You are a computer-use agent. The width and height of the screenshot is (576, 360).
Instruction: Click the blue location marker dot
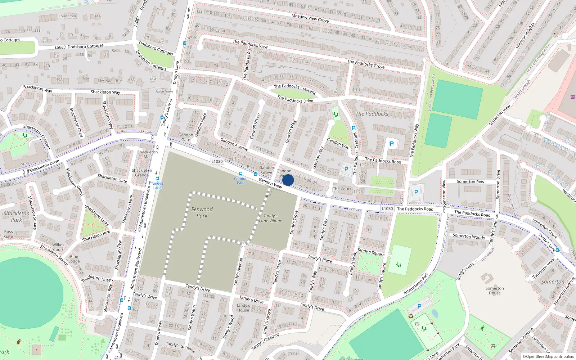click(x=288, y=180)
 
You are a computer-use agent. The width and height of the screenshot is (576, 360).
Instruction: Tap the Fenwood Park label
click(x=202, y=212)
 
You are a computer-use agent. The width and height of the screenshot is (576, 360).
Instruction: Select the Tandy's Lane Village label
click(x=271, y=218)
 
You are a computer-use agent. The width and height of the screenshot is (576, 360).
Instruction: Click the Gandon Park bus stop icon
click(x=241, y=174)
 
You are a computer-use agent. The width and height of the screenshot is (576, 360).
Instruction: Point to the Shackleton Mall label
click(x=147, y=154)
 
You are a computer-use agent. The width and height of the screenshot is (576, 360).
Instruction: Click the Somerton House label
click(x=495, y=291)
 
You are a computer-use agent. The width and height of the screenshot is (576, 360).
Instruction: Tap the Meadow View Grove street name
click(x=310, y=18)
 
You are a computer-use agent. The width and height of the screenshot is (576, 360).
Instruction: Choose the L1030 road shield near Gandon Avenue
click(x=217, y=161)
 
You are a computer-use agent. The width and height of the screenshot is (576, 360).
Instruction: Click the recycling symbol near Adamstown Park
click(x=411, y=316)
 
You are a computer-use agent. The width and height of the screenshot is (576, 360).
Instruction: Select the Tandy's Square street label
click(x=371, y=252)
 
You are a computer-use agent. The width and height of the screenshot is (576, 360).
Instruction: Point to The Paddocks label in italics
click(x=372, y=114)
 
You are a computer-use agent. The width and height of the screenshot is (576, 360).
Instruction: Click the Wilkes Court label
click(x=58, y=247)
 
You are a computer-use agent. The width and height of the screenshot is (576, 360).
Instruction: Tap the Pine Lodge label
click(x=74, y=259)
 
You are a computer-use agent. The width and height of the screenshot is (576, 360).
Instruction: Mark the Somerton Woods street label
click(x=469, y=237)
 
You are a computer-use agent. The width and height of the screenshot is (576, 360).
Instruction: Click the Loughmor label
click(x=67, y=16)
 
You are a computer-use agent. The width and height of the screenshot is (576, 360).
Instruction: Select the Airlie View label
click(x=164, y=91)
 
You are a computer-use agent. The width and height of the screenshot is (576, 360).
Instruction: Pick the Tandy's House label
click(x=243, y=308)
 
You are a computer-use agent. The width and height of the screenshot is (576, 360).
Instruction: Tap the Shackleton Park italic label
click(x=17, y=216)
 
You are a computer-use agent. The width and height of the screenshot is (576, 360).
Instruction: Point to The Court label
click(x=342, y=189)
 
